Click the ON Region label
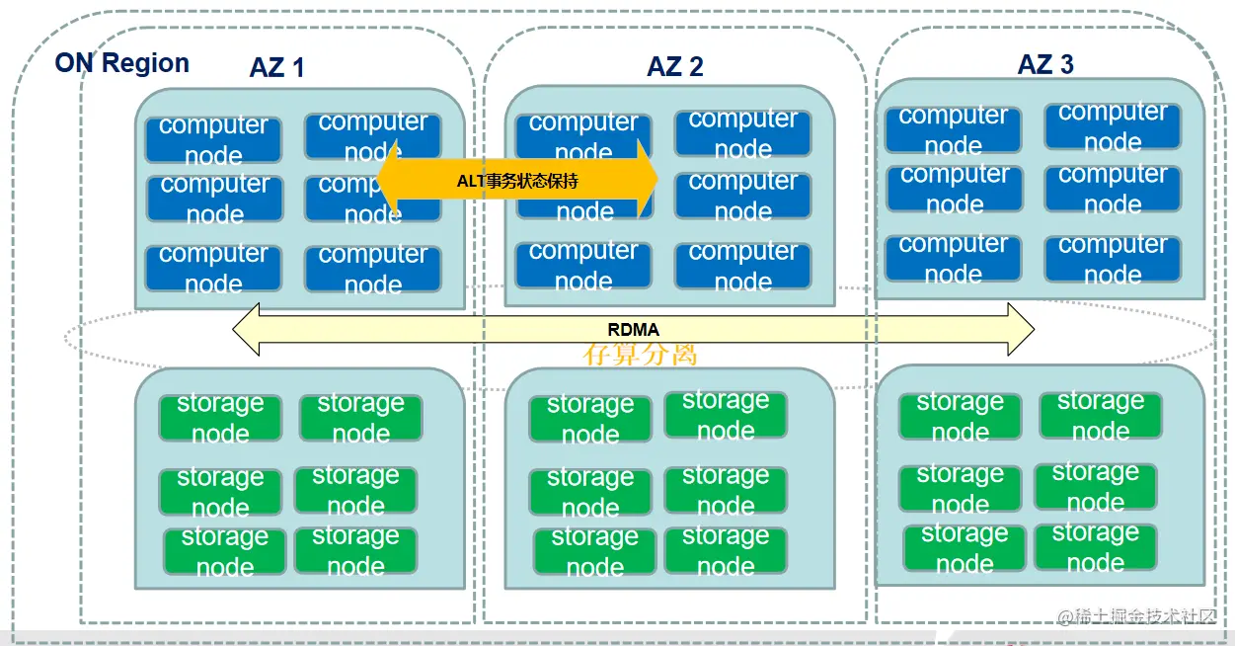pyautogui.click(x=121, y=63)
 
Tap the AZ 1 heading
pyautogui.click(x=276, y=67)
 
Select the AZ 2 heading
pyautogui.click(x=675, y=66)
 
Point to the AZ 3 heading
pyautogui.click(x=1045, y=64)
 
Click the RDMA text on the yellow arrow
pyautogui.click(x=633, y=330)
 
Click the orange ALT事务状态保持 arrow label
pyautogui.click(x=517, y=182)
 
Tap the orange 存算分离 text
pyautogui.click(x=641, y=354)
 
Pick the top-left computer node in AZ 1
pyautogui.click(x=213, y=139)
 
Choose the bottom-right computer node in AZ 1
pyautogui.click(x=373, y=269)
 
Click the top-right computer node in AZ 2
pyautogui.click(x=742, y=133)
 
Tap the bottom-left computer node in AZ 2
pyautogui.click(x=583, y=266)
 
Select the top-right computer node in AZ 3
pyautogui.click(x=1113, y=127)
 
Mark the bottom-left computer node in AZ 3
pyautogui.click(x=954, y=258)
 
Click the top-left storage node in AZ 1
pyautogui.click(x=220, y=418)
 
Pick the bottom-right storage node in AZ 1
pyautogui.click(x=355, y=551)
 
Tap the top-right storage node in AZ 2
pyautogui.click(x=726, y=415)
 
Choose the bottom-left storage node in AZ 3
pyautogui.click(x=965, y=548)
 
